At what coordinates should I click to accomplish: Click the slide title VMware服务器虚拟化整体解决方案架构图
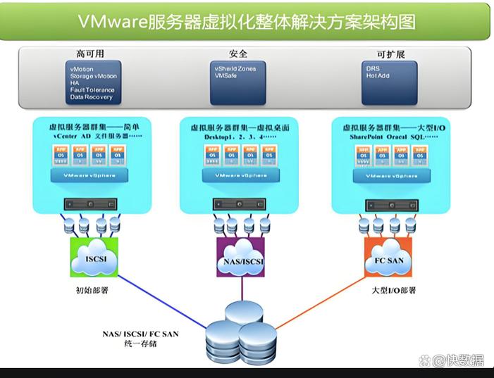point(246,22)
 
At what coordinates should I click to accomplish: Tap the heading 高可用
point(90,53)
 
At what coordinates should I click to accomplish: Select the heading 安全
point(238,53)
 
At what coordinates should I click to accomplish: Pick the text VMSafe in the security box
point(226,76)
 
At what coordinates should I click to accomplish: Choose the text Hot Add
point(377,76)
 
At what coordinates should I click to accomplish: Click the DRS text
point(372,69)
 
